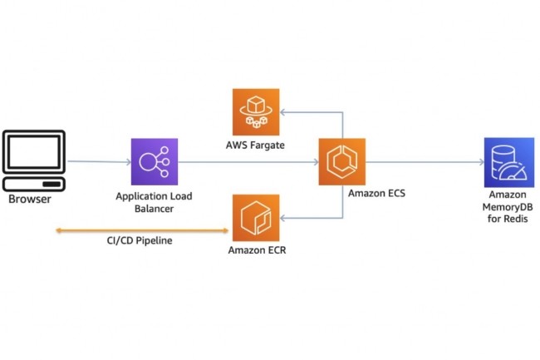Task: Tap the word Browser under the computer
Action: point(30,200)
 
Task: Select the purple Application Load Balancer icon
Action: point(155,161)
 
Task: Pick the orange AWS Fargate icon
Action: point(256,111)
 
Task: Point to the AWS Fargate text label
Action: point(254,146)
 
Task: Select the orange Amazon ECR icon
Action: point(256,218)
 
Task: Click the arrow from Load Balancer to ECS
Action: point(249,162)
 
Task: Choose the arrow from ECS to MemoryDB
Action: point(424,162)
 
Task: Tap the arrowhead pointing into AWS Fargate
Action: point(283,111)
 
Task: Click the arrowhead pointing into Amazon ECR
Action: point(283,218)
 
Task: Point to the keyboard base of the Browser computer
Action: point(34,184)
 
